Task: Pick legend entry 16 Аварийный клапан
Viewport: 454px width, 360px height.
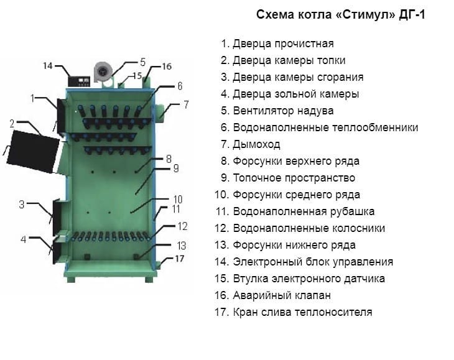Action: (x=281, y=295)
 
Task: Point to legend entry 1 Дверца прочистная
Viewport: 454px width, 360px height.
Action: (x=283, y=44)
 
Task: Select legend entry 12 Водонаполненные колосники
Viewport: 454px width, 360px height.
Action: (x=308, y=228)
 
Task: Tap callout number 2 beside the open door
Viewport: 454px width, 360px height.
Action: (x=12, y=123)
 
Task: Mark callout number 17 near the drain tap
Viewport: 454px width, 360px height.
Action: (x=180, y=258)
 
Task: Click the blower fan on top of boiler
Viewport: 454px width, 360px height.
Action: (x=102, y=72)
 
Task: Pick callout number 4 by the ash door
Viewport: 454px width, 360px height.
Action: (x=23, y=239)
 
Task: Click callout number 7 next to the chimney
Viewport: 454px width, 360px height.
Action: (x=185, y=104)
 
